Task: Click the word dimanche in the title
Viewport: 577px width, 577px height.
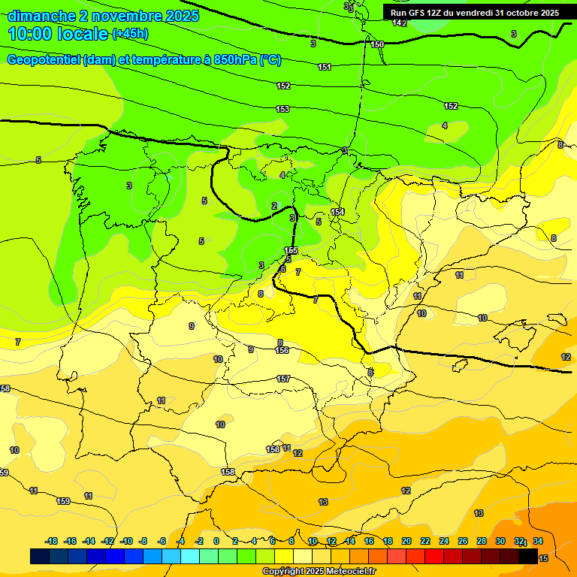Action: (40, 16)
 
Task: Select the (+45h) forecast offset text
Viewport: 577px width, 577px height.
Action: (130, 34)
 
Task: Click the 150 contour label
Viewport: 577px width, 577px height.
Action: (377, 44)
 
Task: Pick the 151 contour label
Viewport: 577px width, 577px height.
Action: (324, 68)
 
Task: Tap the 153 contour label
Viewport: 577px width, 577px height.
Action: (282, 110)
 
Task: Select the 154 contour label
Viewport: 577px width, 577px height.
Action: (337, 213)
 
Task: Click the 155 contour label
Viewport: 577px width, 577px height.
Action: (292, 250)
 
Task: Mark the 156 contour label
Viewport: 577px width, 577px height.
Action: (282, 351)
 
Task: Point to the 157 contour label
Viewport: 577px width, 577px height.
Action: (283, 379)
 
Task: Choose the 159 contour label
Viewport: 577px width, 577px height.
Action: (63, 501)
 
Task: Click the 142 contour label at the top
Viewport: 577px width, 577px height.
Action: (400, 23)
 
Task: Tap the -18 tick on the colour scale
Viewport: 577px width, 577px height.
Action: (52, 541)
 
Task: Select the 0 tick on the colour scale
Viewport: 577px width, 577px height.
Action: (216, 541)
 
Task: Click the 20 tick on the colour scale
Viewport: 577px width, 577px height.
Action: (406, 541)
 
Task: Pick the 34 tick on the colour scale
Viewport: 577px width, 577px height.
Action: (538, 541)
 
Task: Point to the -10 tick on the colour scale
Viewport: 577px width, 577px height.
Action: (126, 541)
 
